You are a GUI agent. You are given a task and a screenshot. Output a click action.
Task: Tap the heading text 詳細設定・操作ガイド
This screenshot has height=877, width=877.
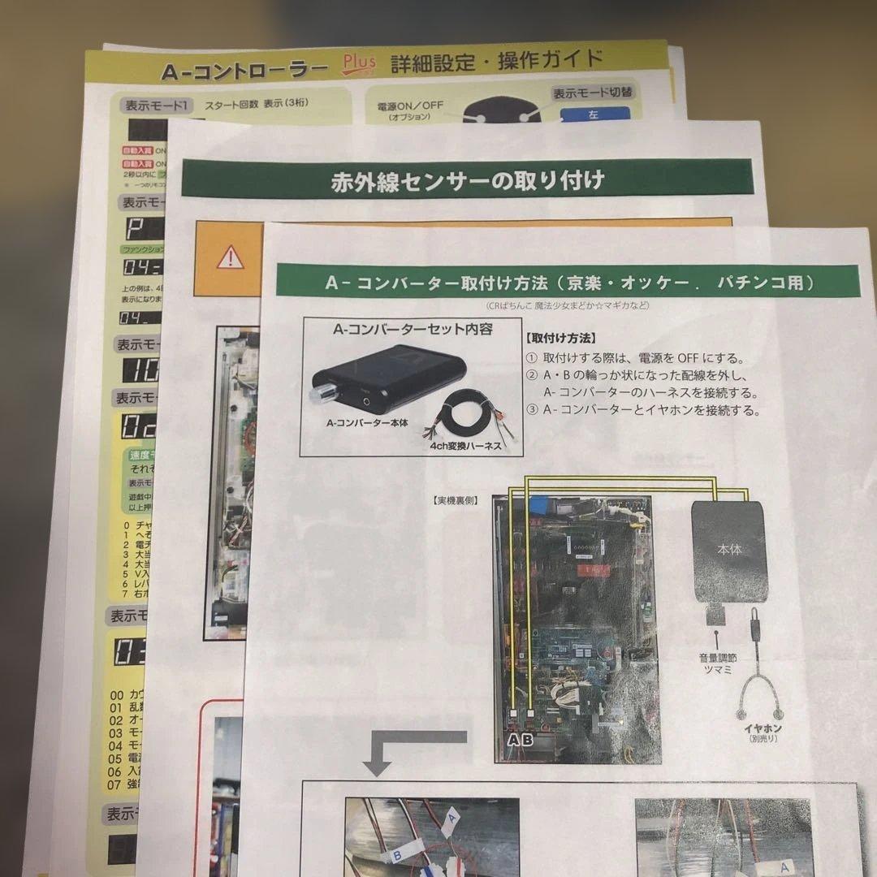(x=497, y=60)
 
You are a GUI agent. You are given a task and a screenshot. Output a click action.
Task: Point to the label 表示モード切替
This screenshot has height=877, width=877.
(x=593, y=93)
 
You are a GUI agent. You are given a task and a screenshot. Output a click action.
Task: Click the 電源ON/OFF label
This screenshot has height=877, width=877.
(x=410, y=106)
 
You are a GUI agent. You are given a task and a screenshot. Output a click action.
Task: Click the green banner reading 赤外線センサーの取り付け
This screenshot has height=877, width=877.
(x=467, y=179)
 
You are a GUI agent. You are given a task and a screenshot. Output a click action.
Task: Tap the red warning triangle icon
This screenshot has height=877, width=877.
(x=231, y=258)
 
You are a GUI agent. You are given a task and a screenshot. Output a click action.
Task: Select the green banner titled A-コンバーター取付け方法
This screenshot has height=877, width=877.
(x=568, y=282)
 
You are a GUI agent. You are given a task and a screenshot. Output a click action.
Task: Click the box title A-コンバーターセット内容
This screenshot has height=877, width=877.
(x=413, y=330)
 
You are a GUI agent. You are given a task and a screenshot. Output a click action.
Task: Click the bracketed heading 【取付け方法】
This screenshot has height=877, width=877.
(x=560, y=338)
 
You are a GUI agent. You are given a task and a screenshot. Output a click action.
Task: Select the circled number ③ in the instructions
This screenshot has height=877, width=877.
(x=532, y=409)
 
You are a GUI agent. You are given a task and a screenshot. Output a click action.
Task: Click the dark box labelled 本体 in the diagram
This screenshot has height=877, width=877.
(x=729, y=551)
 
